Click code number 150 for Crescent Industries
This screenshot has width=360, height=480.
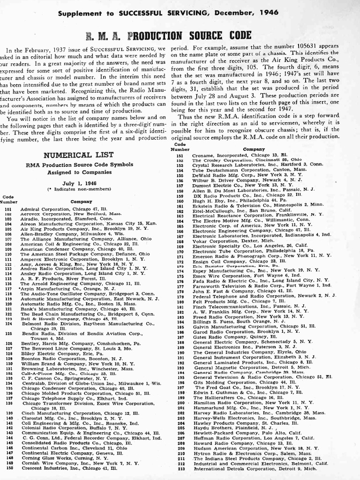tap(8, 468)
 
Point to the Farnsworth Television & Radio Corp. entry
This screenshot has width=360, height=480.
tap(262, 285)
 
